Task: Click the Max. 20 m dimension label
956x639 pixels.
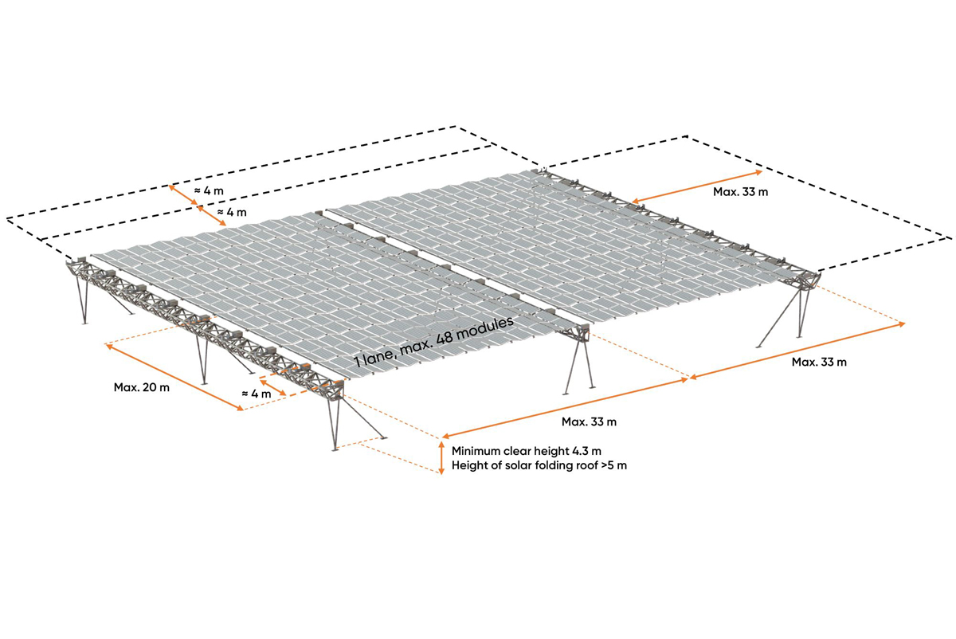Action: tap(141, 387)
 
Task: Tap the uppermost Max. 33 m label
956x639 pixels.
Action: tap(740, 192)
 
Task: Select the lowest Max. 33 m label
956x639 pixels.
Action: tap(589, 421)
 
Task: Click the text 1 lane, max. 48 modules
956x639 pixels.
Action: tap(434, 342)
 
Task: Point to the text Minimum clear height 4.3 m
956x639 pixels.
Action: tap(527, 451)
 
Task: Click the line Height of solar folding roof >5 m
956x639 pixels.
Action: tap(539, 465)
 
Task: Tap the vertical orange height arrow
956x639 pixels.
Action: tap(441, 458)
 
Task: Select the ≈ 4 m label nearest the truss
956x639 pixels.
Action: tap(256, 394)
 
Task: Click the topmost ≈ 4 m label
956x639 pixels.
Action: tap(209, 190)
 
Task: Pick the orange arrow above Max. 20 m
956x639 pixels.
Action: tap(174, 378)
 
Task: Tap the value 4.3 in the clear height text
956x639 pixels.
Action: tap(580, 451)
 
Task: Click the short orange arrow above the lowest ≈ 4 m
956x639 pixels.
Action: tap(272, 386)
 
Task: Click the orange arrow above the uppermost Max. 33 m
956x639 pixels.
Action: tap(697, 186)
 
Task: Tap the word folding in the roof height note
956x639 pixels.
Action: tap(547, 465)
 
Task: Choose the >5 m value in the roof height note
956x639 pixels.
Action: tap(614, 465)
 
